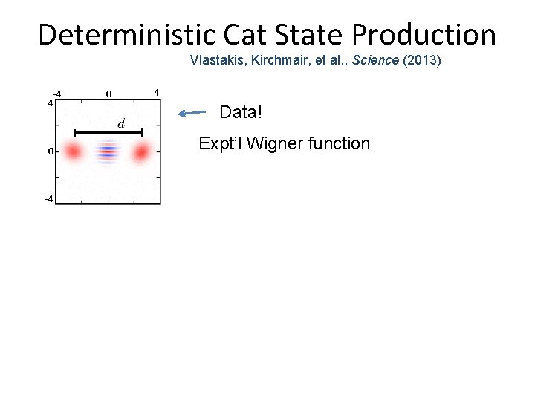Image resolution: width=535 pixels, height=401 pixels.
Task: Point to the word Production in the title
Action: click(x=437, y=34)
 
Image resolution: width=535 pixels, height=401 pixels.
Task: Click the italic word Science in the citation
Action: click(x=377, y=60)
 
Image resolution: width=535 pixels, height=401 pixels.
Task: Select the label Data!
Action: click(x=241, y=114)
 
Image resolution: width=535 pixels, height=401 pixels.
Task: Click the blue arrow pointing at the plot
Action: click(x=192, y=113)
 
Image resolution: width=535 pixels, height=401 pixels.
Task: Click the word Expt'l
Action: click(x=220, y=143)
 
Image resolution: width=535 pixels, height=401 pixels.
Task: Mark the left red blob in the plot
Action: click(x=73, y=152)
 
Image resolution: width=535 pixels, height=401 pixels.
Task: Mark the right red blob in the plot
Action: click(x=141, y=152)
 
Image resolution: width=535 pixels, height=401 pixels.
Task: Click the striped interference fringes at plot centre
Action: click(x=108, y=152)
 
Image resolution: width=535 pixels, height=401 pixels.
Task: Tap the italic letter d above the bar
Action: click(x=121, y=122)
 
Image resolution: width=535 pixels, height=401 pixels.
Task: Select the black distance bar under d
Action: click(x=108, y=133)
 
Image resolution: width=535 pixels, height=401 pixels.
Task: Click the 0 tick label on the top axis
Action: click(x=108, y=94)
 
